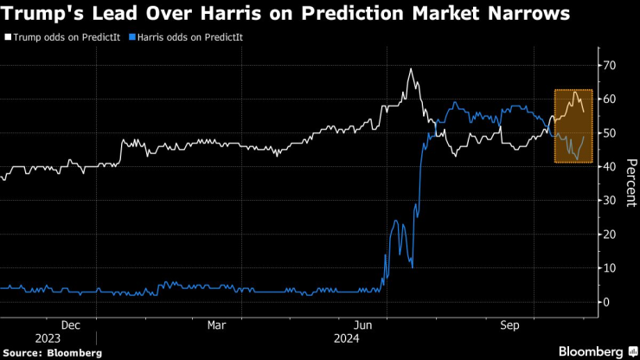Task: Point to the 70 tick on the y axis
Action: pos(610,66)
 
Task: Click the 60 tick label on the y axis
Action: pos(610,100)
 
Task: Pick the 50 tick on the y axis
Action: pos(610,133)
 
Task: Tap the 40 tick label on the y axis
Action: pos(610,167)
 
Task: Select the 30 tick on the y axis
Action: pos(610,201)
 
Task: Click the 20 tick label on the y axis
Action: pos(610,235)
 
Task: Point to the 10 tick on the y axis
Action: pos(610,268)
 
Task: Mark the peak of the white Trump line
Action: pos(411,69)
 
